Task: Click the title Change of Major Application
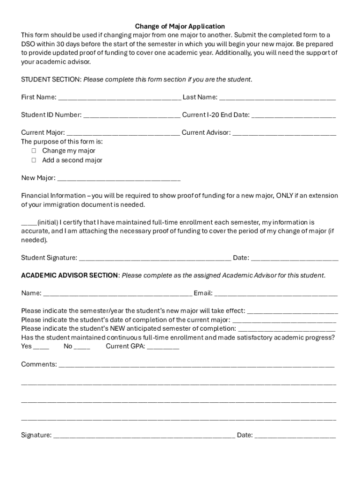[x=180, y=26]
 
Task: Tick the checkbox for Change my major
[x=34, y=151]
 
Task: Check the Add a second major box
[x=34, y=160]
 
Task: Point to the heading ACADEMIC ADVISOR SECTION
[x=70, y=275]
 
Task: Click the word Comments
[x=39, y=364]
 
